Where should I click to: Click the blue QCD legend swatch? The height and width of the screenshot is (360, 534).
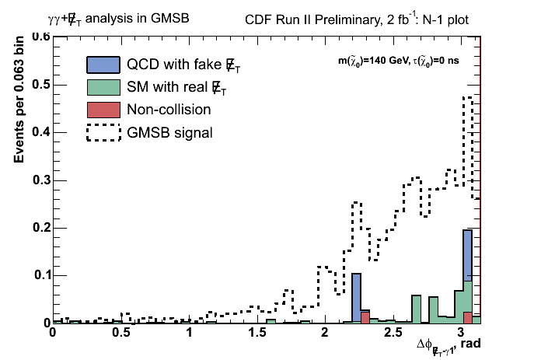[103, 65]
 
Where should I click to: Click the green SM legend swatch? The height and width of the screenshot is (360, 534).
[103, 87]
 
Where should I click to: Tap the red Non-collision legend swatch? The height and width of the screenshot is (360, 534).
[103, 110]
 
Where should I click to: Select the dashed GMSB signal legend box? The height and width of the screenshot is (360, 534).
[103, 133]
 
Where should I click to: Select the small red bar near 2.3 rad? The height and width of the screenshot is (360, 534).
[365, 317]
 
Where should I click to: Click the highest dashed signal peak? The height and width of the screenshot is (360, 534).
[467, 97]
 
